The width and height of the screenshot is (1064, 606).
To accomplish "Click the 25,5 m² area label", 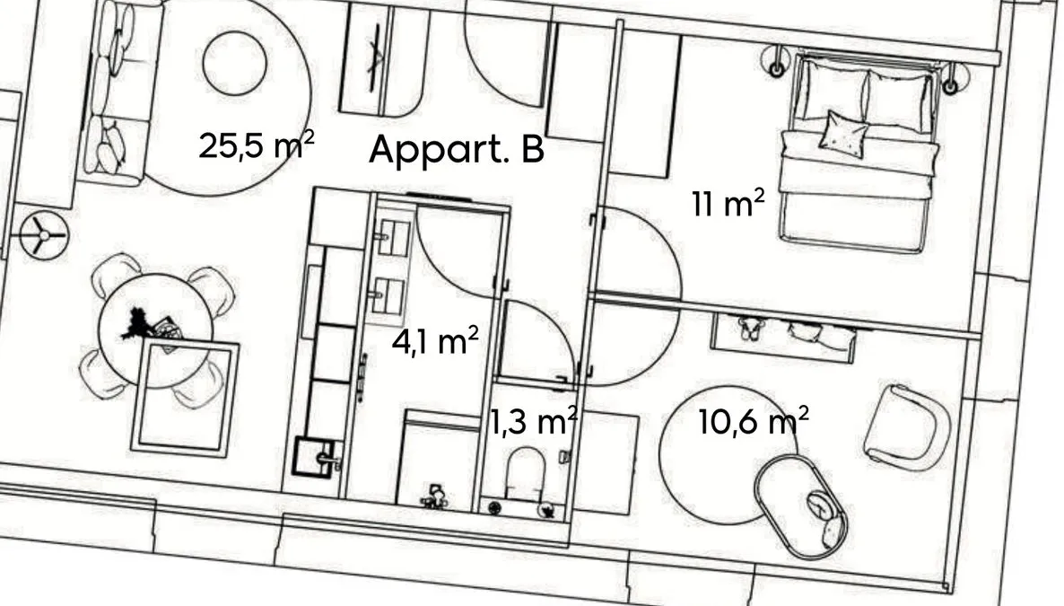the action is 257,145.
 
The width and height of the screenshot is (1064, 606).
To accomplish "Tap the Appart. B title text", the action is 456,149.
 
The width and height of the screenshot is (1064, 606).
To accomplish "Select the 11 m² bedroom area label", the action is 728,203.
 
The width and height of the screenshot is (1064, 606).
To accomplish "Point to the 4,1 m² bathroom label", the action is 435,339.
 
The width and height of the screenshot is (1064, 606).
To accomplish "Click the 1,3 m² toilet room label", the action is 534,421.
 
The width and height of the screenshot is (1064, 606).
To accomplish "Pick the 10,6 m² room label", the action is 754,421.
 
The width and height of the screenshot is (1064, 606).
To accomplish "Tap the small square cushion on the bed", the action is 843,133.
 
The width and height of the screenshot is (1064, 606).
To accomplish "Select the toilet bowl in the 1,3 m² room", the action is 525,474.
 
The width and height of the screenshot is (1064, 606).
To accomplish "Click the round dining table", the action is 155,331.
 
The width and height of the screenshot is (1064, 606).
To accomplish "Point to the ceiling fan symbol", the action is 44,235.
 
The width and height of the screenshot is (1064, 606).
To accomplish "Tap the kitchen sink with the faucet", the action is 316,457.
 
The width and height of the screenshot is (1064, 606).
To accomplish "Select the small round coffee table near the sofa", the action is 235,64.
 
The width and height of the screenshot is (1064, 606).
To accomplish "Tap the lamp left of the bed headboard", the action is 776,62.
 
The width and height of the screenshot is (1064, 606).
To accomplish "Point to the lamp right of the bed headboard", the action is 951,77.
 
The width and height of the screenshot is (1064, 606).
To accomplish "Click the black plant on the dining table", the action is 138,322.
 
